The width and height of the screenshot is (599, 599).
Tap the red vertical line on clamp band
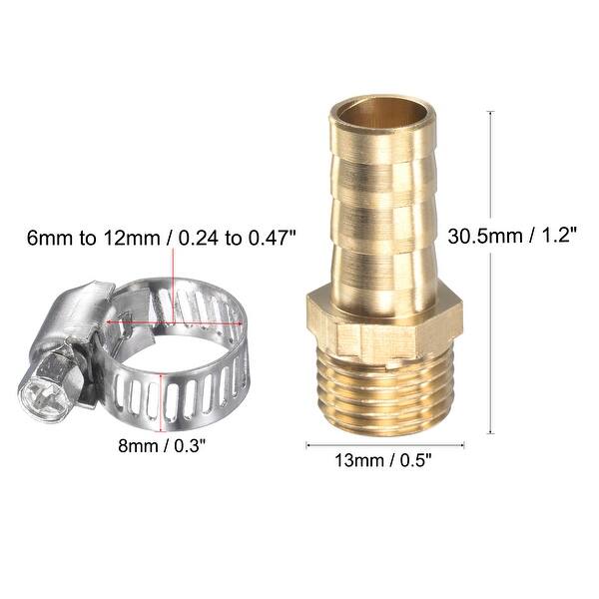(x=163, y=394)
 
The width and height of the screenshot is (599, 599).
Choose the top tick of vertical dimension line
(x=490, y=112)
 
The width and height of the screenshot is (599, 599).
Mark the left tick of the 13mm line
(x=306, y=444)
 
